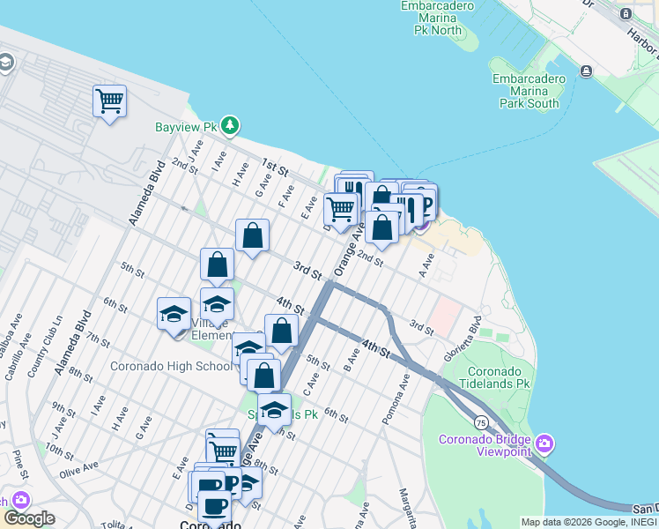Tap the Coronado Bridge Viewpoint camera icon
(x=544, y=443)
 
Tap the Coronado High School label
(x=171, y=366)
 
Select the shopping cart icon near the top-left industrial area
(x=109, y=101)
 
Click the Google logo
(x=29, y=518)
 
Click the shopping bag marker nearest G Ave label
(x=252, y=236)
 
